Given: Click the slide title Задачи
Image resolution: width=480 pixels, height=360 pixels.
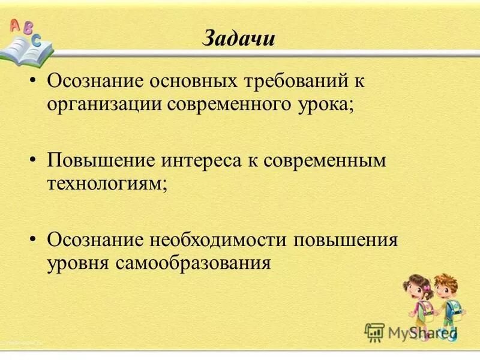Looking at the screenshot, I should click(x=239, y=39).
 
